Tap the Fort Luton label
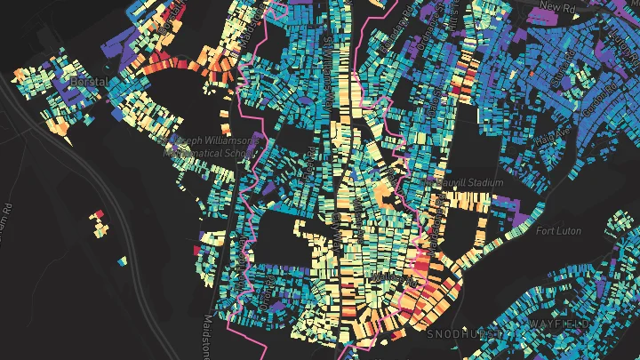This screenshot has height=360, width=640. (x=558, y=231)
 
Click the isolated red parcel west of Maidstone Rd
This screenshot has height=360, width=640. (x=99, y=214)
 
